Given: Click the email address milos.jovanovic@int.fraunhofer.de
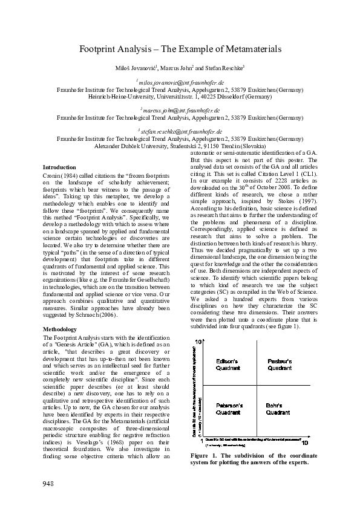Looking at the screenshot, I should [180, 82].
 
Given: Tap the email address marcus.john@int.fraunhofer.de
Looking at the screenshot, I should [180, 111].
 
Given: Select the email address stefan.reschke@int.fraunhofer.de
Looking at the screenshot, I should [180, 131].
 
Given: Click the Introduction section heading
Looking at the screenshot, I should [59, 167].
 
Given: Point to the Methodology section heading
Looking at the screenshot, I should [59, 329].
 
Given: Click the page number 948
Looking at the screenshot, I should [49, 483].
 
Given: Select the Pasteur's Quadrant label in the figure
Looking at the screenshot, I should [279, 365].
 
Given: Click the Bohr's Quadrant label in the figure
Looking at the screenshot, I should [279, 409].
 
